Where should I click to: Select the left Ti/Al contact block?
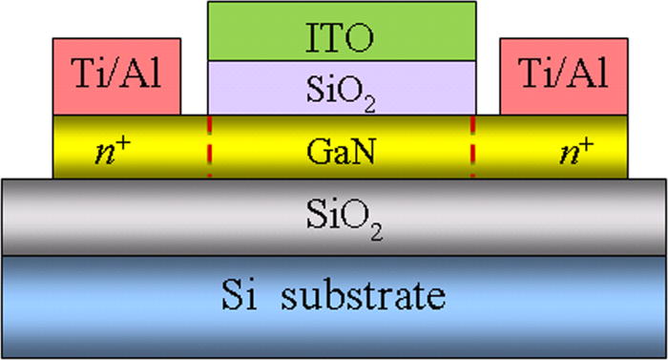coord(117,77)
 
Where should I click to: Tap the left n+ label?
coord(115,149)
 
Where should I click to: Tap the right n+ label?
coord(575,149)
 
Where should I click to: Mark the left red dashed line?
coord(209,147)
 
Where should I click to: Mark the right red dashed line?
coord(472,147)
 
